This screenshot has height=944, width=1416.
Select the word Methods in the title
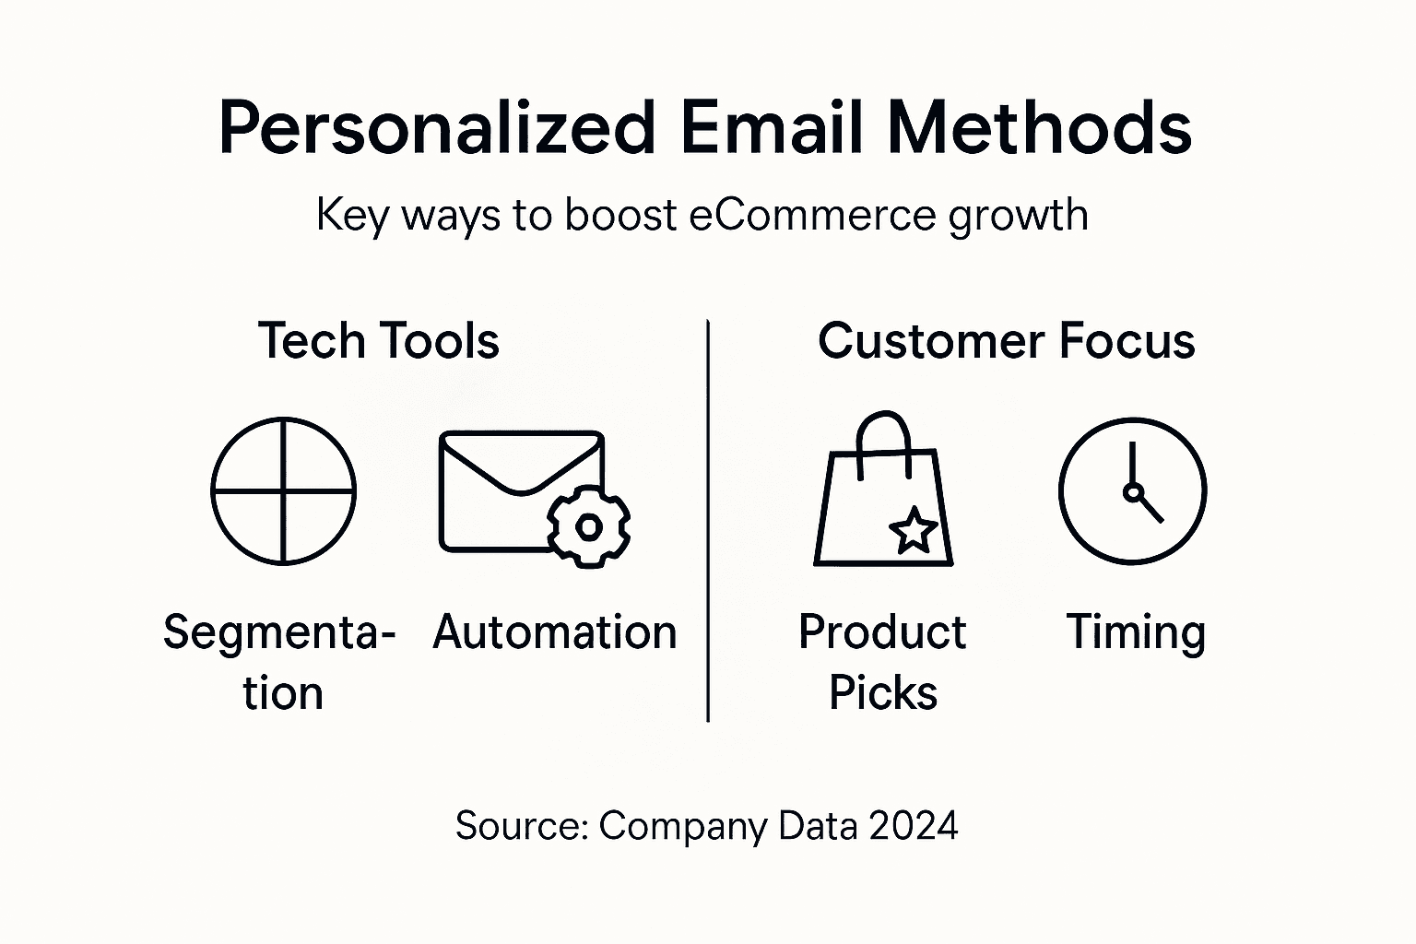[x=1040, y=127]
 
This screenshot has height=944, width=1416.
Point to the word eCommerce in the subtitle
[x=812, y=215]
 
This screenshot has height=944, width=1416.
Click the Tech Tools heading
[x=378, y=340]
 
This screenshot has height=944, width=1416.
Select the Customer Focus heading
[x=1006, y=340]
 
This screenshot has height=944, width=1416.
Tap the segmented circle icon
[x=283, y=490]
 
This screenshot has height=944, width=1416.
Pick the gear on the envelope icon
[x=588, y=526]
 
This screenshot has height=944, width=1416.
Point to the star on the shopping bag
[x=913, y=531]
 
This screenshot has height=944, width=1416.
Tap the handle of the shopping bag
[x=883, y=438]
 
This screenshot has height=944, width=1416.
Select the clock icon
[x=1132, y=490]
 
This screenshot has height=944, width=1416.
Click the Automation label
[x=555, y=632]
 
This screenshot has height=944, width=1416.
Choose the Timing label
[x=1136, y=633]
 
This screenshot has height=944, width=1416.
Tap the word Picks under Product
[x=882, y=693]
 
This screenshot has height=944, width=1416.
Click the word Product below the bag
[x=882, y=632]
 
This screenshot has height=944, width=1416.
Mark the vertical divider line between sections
[x=707, y=521]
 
